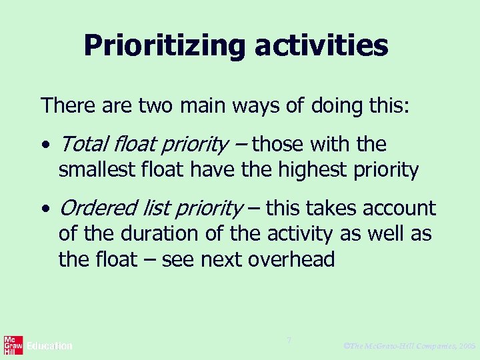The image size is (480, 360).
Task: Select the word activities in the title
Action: (320, 45)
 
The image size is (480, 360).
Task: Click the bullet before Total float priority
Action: (45, 145)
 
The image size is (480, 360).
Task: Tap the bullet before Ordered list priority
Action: (45, 209)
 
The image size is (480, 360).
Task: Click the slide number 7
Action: (289, 341)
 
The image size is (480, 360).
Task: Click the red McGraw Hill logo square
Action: (13, 345)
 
